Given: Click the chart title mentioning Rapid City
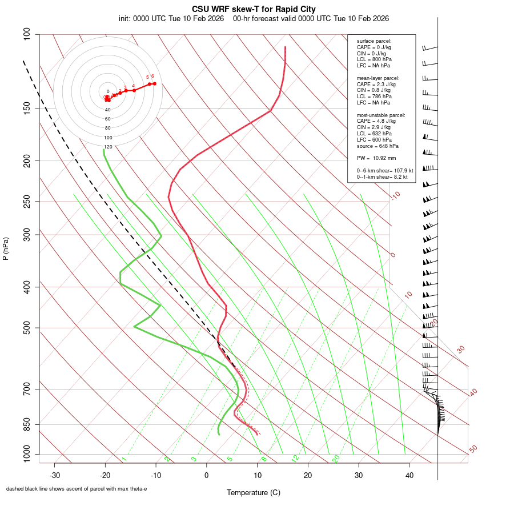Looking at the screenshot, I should pyautogui.click(x=254, y=9).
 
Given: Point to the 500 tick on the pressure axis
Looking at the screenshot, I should pyautogui.click(x=26, y=328).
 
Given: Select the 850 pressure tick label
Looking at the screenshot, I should pyautogui.click(x=26, y=424).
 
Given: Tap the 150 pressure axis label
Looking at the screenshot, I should pyautogui.click(x=26, y=108).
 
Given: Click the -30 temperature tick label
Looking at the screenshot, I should pyautogui.click(x=55, y=475).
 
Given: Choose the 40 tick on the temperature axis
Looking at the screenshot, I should pyautogui.click(x=409, y=475).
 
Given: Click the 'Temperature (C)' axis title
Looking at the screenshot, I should pyautogui.click(x=254, y=492).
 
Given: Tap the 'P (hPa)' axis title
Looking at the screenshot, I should pyautogui.click(x=6, y=249).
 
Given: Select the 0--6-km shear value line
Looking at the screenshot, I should pyautogui.click(x=385, y=170).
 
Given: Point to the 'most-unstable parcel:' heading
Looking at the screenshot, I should pyautogui.click(x=381, y=115).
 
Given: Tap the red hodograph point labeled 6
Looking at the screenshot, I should pyautogui.click(x=154, y=83).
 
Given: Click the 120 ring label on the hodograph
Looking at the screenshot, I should pyautogui.click(x=108, y=147).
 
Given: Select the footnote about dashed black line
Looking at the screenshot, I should pyautogui.click(x=77, y=489).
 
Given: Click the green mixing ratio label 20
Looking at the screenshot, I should pyautogui.click(x=336, y=458).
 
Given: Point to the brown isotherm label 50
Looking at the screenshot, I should pyautogui.click(x=473, y=449).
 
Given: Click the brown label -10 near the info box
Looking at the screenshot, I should pyautogui.click(x=395, y=195).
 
